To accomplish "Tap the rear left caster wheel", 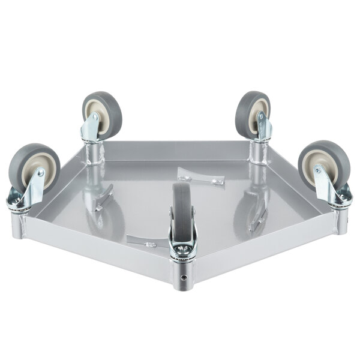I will click(x=103, y=113).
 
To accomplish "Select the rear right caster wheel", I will click(x=253, y=114).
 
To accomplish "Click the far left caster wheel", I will click(x=34, y=167).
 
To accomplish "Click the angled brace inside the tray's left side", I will click(x=104, y=198).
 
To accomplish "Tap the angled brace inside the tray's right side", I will click(x=259, y=220).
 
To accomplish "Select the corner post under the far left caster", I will click(x=18, y=225).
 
